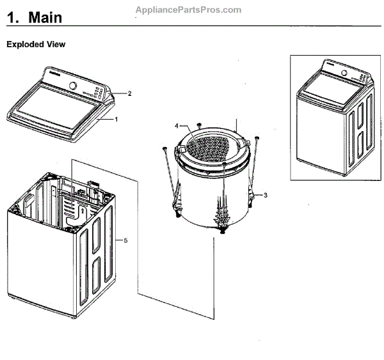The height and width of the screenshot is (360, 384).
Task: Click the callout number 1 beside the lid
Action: pos(116,119)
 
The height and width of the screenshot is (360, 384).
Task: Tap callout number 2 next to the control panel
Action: pos(129,93)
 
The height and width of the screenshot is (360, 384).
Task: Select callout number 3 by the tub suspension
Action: pos(266,194)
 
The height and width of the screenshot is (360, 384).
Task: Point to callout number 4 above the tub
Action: pos(176,125)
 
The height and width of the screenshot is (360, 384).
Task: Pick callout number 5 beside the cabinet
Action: pos(125,240)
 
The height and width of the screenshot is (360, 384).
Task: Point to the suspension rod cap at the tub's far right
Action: pos(256,137)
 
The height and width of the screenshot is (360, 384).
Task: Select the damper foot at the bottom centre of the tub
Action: pos(223,231)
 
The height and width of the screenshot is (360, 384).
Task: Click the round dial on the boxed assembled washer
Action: pos(344,73)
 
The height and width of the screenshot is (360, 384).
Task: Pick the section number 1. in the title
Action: pos(13,18)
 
